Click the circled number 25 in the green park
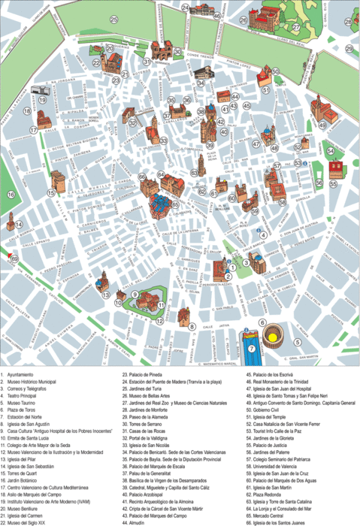tap(114, 20)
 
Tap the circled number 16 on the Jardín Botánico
tap(11, 195)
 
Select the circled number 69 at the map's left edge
tap(13, 258)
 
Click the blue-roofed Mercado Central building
tap(159, 205)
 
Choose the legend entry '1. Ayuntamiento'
tap(23, 373)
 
